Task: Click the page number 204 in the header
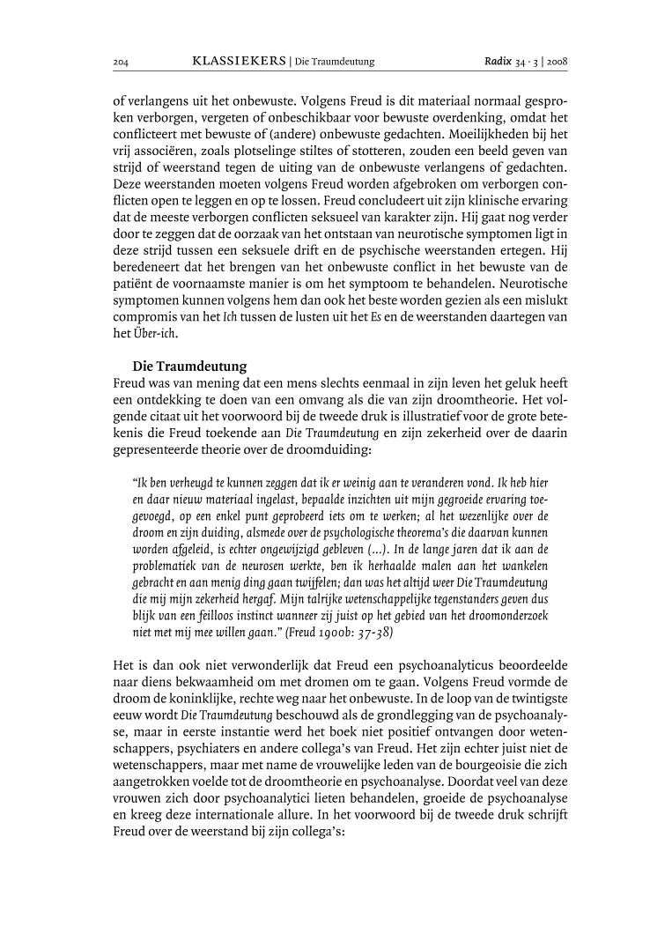(121, 62)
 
